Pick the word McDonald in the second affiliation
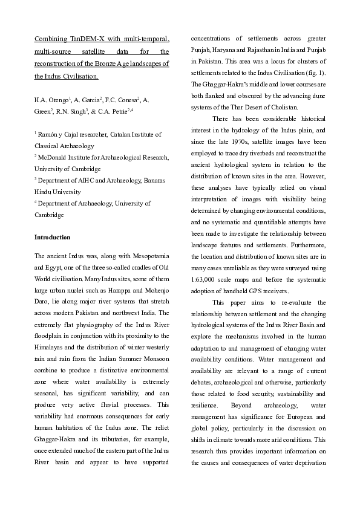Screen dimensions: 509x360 54,157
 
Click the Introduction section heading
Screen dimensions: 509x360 52,237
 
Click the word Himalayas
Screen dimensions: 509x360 52,347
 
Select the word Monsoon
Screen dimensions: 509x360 153,358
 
